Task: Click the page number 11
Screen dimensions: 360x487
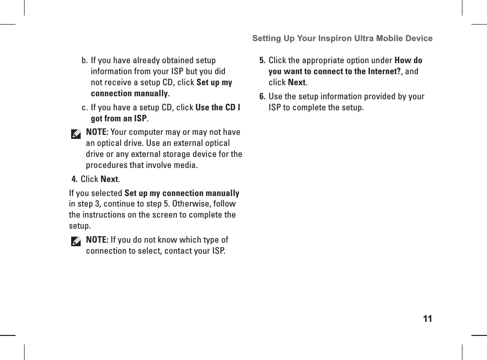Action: click(x=427, y=319)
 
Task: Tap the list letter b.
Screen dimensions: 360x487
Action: click(x=84, y=61)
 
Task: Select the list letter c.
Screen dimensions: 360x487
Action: click(x=84, y=108)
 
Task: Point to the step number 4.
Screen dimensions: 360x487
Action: click(x=74, y=179)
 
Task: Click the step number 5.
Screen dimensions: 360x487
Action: click(x=262, y=61)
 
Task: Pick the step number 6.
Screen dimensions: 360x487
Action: click(x=262, y=96)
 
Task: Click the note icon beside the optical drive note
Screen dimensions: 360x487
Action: click(x=76, y=134)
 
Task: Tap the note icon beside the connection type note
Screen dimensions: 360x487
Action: click(x=76, y=242)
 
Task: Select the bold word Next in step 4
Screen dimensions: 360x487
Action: click(x=109, y=179)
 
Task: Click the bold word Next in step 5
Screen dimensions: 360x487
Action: click(x=297, y=82)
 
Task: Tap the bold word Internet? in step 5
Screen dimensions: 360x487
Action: click(x=385, y=71)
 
